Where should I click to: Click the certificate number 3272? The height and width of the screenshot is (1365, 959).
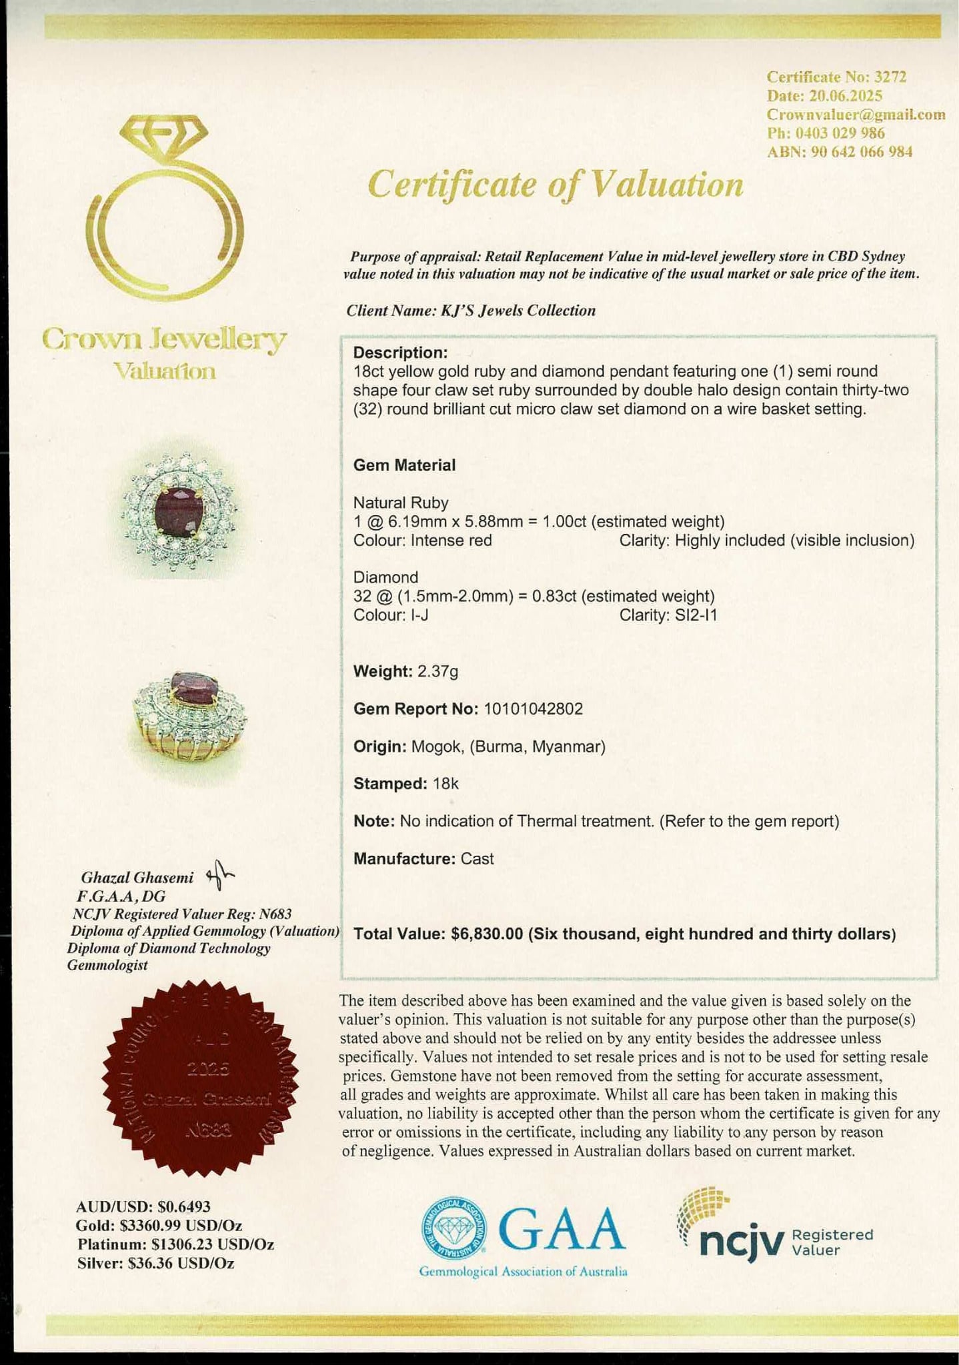click(890, 77)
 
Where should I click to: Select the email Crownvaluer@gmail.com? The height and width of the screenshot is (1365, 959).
click(856, 114)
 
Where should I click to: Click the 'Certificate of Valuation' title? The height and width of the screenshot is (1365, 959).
click(555, 185)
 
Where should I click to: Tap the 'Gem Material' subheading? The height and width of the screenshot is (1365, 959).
click(404, 465)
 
